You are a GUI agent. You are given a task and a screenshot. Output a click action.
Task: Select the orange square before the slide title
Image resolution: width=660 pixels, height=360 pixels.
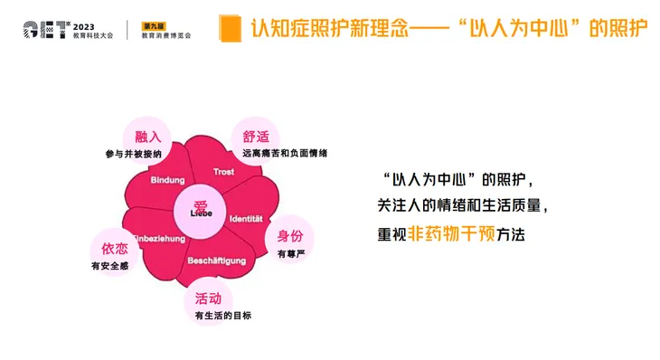click(x=230, y=26)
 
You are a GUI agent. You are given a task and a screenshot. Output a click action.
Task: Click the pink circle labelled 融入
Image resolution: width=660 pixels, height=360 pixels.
click(x=147, y=137)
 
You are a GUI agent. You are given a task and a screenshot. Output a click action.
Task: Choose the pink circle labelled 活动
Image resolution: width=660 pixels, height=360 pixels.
click(x=208, y=298)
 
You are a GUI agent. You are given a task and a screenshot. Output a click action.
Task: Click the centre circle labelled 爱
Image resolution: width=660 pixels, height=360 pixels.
click(x=201, y=208)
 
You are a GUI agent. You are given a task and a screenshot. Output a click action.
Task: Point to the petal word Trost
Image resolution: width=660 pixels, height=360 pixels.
click(x=223, y=172)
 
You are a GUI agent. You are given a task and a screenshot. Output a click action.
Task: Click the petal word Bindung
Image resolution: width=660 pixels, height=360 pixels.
click(x=167, y=180)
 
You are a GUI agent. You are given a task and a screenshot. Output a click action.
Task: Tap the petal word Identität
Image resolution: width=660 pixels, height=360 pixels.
click(x=246, y=219)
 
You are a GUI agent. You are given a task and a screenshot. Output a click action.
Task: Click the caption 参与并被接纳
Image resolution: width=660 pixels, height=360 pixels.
click(x=133, y=154)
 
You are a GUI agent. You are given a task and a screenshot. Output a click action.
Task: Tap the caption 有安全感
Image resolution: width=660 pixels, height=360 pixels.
click(x=109, y=266)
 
